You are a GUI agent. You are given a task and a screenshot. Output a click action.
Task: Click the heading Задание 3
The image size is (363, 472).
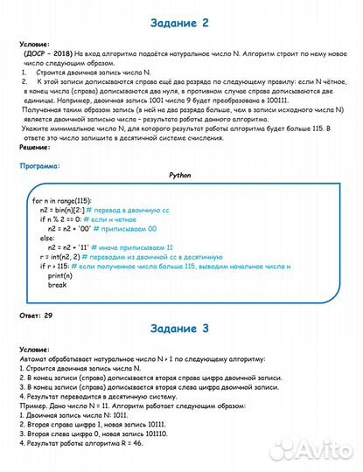pos(181,329)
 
